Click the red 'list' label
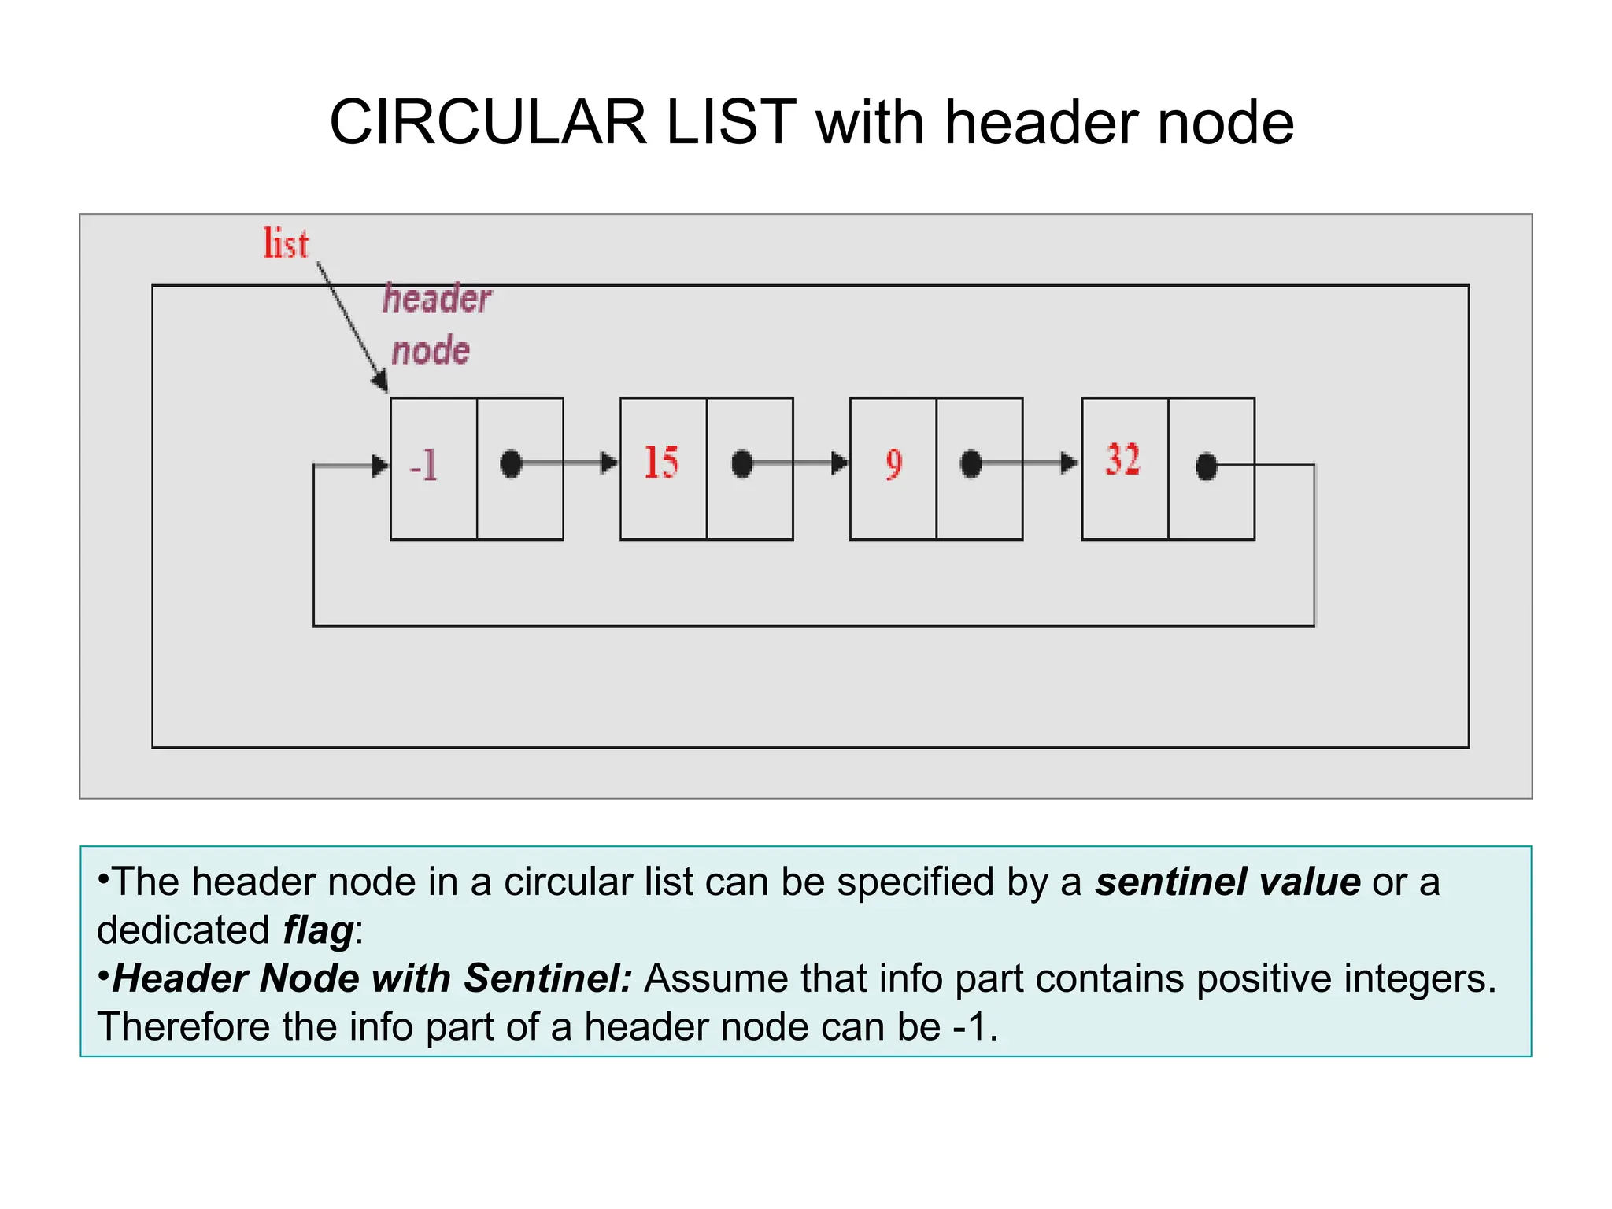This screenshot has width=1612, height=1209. pos(286,243)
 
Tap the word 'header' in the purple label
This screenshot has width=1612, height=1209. pos(437,300)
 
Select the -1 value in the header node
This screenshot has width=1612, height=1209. pos(424,464)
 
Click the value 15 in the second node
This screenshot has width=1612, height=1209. pos(661,462)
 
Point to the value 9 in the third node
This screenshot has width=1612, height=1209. pos(893,464)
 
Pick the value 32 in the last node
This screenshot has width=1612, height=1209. pos(1122,460)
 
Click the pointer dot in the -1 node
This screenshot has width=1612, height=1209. pos(511,464)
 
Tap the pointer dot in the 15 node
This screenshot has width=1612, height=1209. pos(742,464)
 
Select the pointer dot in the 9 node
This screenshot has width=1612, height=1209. pos(971,464)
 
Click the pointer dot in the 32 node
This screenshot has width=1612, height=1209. pos(1206,466)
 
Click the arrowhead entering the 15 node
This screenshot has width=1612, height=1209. pos(609,463)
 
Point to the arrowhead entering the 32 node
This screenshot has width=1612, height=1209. pos(1069,463)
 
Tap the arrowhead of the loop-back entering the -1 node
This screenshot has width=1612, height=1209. pos(380,465)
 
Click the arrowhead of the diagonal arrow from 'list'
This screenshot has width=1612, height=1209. pos(381,383)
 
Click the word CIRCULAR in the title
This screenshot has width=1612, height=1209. pos(487,123)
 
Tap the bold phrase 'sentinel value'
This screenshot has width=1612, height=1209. pos(1227,882)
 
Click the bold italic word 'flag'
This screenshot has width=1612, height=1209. pos(318,930)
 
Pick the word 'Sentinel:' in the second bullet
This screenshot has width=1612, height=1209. pos(548,978)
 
